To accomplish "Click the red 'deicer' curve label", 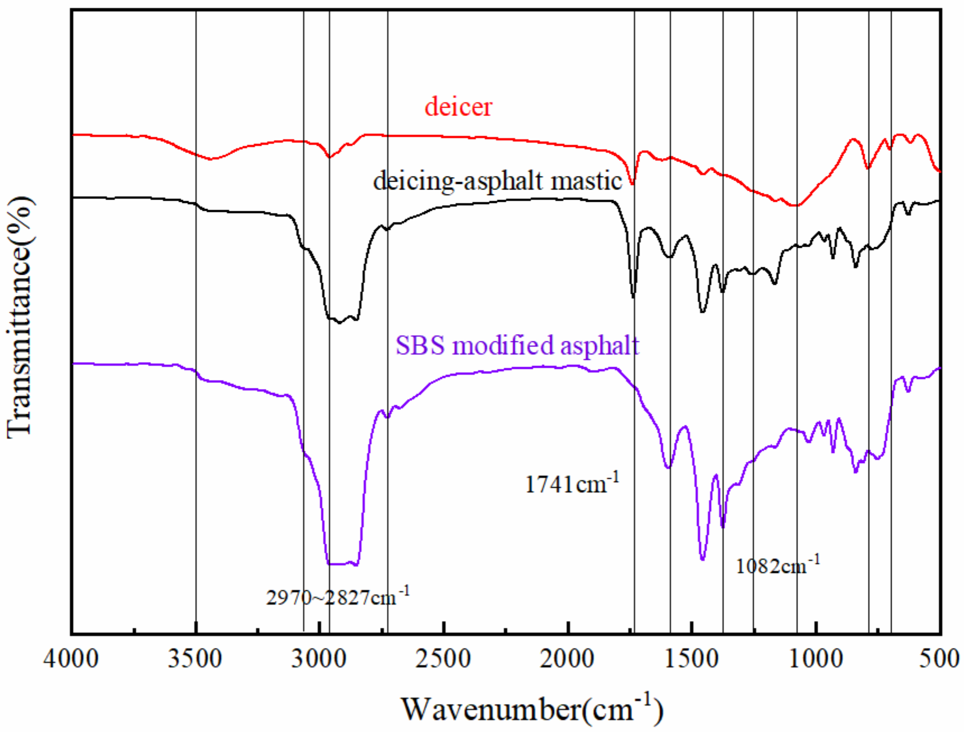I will tap(458, 106).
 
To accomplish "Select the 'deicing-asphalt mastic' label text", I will tap(497, 181).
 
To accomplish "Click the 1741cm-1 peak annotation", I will tap(572, 483).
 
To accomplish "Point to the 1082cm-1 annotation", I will tap(777, 566).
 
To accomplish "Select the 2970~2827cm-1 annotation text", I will tap(337, 597).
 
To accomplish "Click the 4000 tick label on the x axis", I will tap(71, 659).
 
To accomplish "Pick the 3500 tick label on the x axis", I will tap(196, 659).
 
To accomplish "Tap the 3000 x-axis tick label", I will tap(319, 659).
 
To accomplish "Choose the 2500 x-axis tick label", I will tap(443, 659).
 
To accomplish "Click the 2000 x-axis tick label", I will tap(568, 659).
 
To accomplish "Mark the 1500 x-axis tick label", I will tap(692, 659).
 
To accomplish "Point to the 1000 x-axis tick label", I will tap(816, 659).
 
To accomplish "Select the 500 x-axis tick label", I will tap(940, 659).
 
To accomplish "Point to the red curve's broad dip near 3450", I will tap(211, 159).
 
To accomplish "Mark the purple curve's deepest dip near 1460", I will tap(703, 559).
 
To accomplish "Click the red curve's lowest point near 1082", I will tap(795, 206).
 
